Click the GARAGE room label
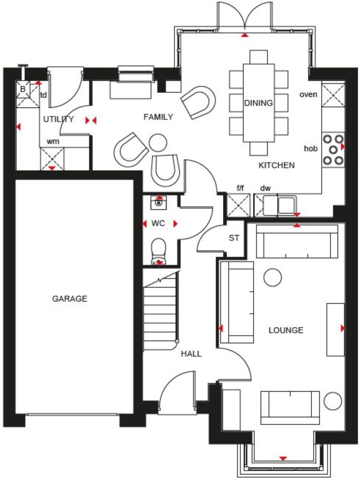point(70,299)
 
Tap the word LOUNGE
point(286,330)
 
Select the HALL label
point(191,354)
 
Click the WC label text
point(158,224)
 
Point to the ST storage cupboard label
point(234,238)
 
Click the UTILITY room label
point(58,119)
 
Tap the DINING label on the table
point(259,103)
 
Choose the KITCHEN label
point(277,165)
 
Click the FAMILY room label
point(158,117)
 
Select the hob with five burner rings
point(333,150)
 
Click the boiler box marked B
point(23,89)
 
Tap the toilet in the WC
point(159,251)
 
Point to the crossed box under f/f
point(238,205)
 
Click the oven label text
point(308,94)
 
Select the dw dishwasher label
point(265,188)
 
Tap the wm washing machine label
point(53,141)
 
